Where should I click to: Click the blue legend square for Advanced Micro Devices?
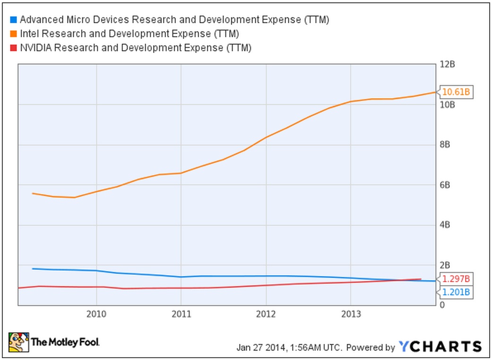point(13,20)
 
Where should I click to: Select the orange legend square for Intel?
point(13,34)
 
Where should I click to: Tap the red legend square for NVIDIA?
point(13,47)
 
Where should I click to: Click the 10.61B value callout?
point(456,92)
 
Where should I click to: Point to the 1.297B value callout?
point(456,278)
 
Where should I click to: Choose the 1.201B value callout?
point(456,292)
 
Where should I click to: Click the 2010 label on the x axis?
point(96,314)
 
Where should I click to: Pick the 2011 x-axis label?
point(181,314)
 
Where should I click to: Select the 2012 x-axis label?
point(266,314)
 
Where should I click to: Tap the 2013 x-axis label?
point(350,314)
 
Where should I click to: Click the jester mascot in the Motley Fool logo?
point(18,342)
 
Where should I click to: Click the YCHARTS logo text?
point(440,346)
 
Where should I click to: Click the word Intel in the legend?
point(29,34)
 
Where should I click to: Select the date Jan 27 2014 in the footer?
point(261,347)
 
